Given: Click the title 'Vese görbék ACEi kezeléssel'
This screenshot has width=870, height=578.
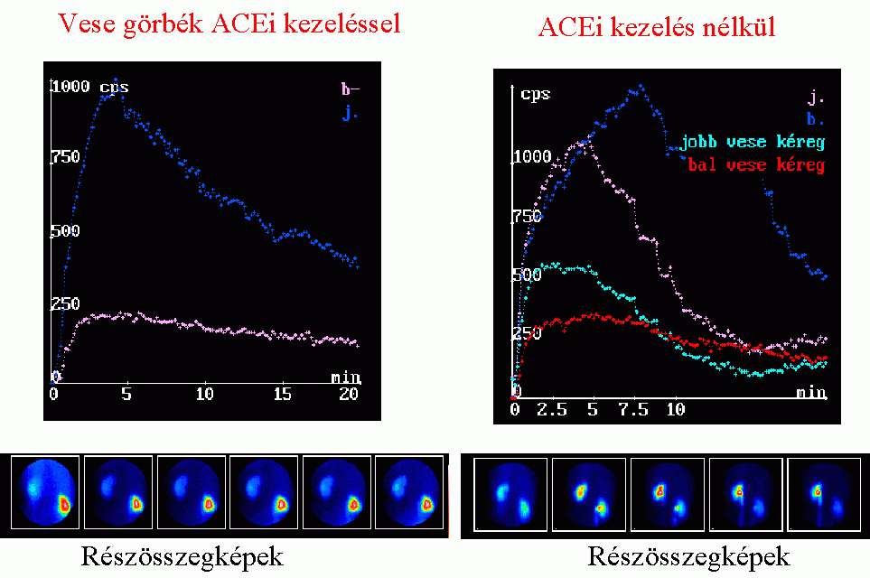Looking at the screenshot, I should click(x=229, y=24).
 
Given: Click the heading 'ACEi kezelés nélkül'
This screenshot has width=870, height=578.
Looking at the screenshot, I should click(x=657, y=28).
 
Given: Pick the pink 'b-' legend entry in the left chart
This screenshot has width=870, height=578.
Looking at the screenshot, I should click(x=350, y=89).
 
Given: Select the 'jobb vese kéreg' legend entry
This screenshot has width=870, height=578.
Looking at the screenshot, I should click(x=753, y=143).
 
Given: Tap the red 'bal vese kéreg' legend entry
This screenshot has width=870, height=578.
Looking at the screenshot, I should click(x=755, y=165).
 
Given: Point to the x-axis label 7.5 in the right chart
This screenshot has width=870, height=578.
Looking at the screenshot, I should click(x=633, y=410).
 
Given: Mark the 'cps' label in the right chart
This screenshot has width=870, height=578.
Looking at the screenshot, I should click(x=536, y=93).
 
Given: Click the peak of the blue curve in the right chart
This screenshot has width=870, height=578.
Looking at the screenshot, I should click(x=641, y=87).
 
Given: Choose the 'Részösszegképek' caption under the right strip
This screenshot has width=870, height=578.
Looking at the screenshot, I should click(x=689, y=554).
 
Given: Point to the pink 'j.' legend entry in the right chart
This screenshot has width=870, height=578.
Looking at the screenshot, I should click(x=816, y=98).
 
